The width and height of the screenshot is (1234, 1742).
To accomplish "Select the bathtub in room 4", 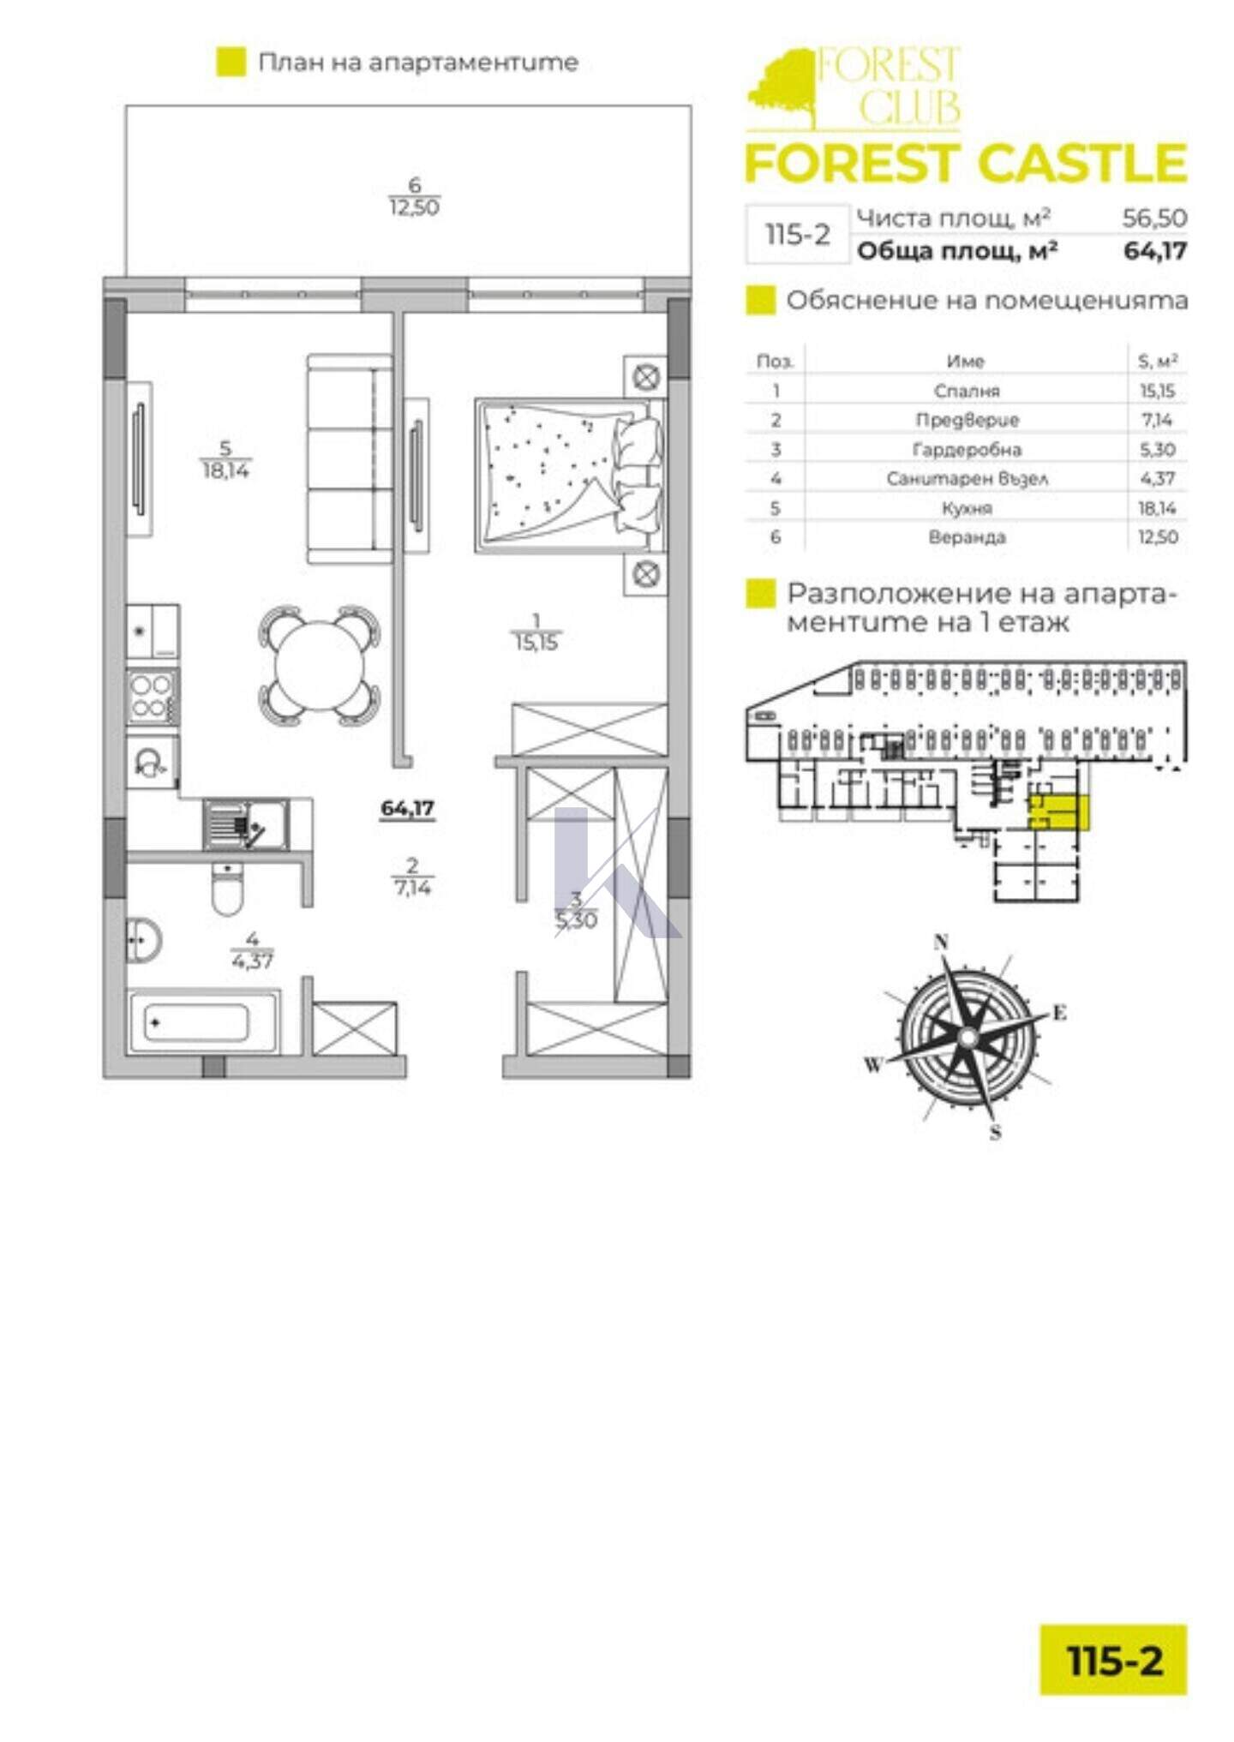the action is click(x=203, y=1023).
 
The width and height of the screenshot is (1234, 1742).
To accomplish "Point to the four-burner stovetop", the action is click(x=152, y=696).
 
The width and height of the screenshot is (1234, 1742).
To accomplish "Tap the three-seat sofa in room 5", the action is click(x=349, y=459).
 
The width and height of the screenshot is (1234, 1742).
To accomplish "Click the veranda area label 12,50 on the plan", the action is click(x=415, y=207).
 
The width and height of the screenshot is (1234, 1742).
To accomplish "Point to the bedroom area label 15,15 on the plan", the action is click(x=536, y=643).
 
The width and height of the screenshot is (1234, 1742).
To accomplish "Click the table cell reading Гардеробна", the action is click(x=967, y=450).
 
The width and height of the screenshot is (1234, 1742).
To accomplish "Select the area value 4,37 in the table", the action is click(x=1157, y=479).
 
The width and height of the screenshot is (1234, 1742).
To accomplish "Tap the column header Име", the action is click(x=966, y=362).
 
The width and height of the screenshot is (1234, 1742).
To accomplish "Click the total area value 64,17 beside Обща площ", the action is click(x=1155, y=251).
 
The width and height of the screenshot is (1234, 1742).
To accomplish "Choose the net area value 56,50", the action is click(x=1155, y=218).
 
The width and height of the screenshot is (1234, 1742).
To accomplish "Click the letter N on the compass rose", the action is click(x=941, y=943).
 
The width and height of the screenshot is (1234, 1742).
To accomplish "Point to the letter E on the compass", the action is click(x=1060, y=1014).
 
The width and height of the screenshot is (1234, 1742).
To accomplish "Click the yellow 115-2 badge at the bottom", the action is click(x=1114, y=1660).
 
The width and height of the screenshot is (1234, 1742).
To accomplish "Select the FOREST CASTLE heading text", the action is click(x=966, y=164).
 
